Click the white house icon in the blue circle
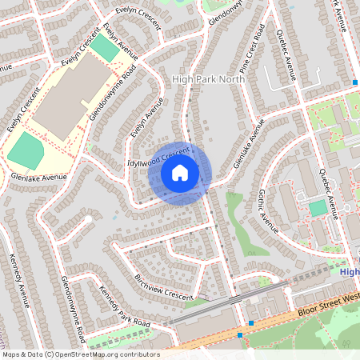coord(180,173)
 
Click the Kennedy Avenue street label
coord(18,279)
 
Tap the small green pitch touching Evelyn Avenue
coord(102,48)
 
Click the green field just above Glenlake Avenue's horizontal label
coord(26,150)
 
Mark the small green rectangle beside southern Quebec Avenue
coord(318,209)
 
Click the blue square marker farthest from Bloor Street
coord(354,82)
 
